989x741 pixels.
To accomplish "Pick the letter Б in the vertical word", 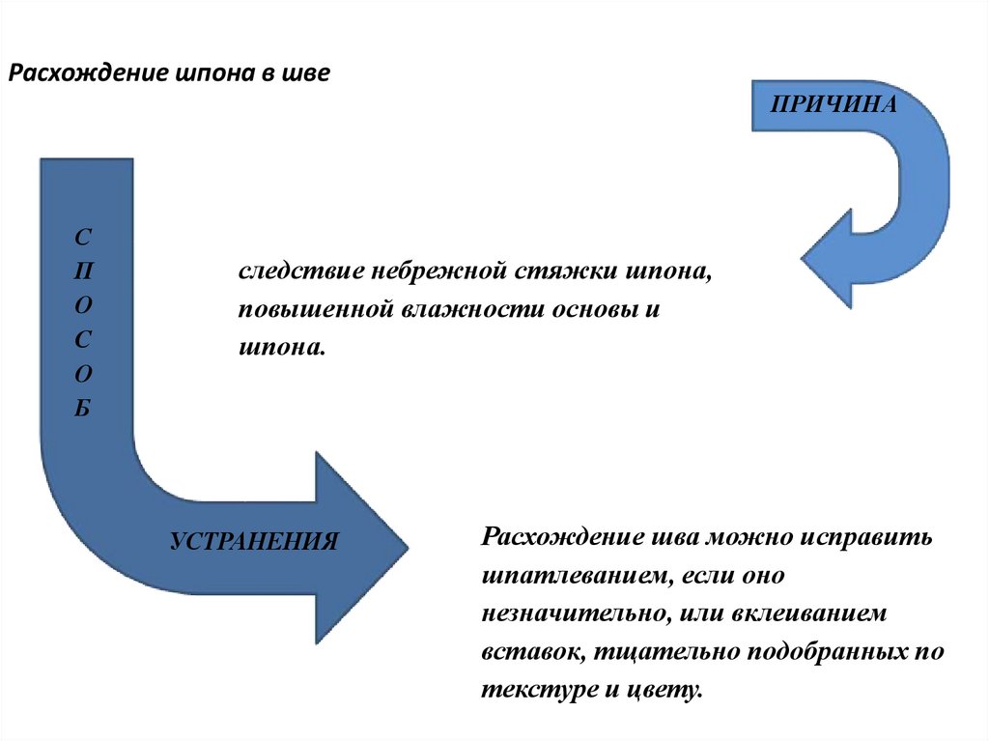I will click(x=83, y=408).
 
